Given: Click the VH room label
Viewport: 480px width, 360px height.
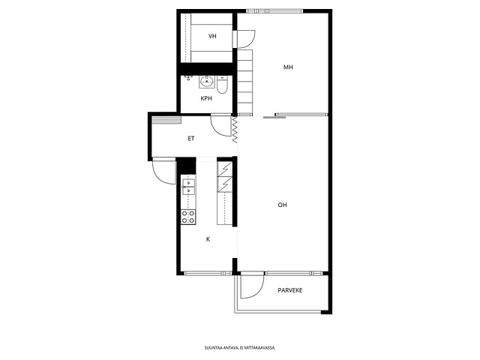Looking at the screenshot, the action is (212, 36).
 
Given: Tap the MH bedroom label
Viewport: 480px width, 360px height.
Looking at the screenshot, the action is (288, 67).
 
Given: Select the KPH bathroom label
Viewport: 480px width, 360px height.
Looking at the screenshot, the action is (206, 98).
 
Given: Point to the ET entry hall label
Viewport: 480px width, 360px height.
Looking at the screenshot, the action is (191, 139).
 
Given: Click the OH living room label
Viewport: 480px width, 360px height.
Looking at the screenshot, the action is (282, 205).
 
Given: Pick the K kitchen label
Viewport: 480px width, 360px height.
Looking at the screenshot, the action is (208, 239).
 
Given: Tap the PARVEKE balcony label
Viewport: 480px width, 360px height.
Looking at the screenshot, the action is (290, 290).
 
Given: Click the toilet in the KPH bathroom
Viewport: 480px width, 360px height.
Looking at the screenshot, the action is (222, 85).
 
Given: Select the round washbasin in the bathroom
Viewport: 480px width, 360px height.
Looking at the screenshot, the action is (207, 82).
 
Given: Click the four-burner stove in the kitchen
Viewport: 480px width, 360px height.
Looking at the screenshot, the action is (188, 217).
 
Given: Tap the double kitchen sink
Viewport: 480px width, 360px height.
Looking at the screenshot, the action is (188, 187).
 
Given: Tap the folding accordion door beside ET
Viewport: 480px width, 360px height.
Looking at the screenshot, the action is (235, 130).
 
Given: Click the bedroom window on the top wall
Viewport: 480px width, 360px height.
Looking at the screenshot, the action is (274, 11).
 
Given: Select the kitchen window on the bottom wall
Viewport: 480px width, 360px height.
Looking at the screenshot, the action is (208, 273).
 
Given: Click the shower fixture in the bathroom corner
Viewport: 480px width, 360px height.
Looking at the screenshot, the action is (188, 77).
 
